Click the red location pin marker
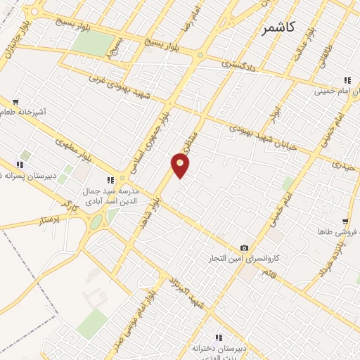click(181, 165)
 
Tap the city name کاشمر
click(279, 27)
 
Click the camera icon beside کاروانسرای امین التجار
click(244, 247)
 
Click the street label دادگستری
click(229, 63)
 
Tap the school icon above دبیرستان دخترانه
click(219, 338)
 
